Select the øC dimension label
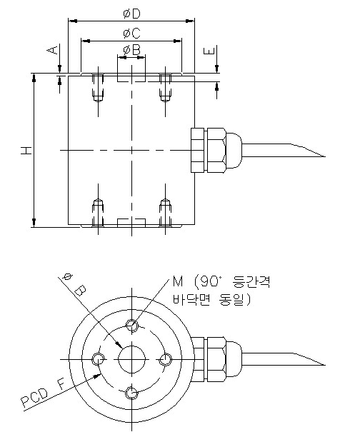click(131, 33)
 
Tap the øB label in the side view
click(131, 49)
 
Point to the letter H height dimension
click(24, 150)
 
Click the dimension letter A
click(51, 50)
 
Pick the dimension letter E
click(208, 52)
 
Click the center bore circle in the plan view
click(131, 358)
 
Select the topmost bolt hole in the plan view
click(131, 326)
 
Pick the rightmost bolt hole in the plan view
click(164, 358)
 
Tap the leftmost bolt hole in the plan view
click(99, 358)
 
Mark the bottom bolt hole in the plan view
click(131, 391)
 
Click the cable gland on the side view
click(210, 150)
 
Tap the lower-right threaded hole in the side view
click(165, 212)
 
